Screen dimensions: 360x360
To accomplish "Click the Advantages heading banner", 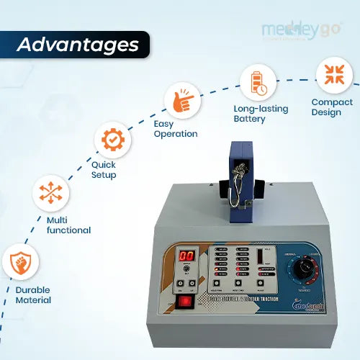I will [x=78, y=45].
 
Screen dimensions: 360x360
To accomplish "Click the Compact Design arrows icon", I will [x=333, y=74].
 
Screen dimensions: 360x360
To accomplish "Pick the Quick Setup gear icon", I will [x=113, y=139].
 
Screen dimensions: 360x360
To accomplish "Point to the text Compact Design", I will [x=332, y=107].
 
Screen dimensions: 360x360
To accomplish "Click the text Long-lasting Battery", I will [x=261, y=114].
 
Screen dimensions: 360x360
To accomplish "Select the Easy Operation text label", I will [x=175, y=128].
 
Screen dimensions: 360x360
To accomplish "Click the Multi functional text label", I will [x=68, y=225].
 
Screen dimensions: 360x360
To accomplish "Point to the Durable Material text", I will [x=33, y=294].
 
